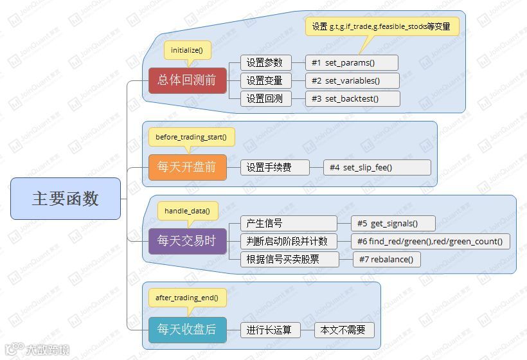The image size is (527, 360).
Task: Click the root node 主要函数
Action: pos(66,199)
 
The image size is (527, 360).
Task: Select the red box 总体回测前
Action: pos(188,80)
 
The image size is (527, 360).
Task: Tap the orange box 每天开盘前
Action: pos(188,168)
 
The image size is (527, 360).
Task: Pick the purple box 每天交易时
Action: pos(188,241)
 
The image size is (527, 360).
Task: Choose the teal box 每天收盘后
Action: pos(188,330)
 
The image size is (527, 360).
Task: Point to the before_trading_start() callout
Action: pos(191,137)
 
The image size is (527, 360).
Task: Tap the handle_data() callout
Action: pos(187,210)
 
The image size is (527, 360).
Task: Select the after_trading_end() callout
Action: pos(187,297)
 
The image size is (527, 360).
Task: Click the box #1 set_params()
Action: pos(352,62)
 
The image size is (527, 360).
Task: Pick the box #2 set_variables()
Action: pos(352,80)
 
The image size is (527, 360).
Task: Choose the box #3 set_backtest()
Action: pos(352,98)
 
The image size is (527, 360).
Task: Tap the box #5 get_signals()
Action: pos(393,223)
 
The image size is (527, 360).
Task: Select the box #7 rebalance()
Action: pos(387,259)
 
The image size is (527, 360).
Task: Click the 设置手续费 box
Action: pos(275,168)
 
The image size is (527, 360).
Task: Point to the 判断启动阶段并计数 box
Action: pos(288,241)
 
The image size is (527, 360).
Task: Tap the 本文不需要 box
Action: pos(344,330)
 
